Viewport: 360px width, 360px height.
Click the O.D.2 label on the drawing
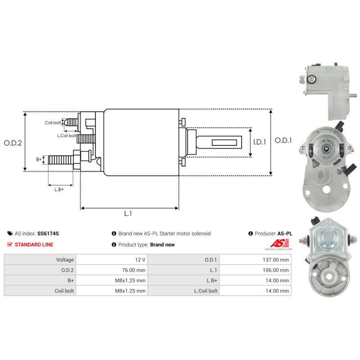pyautogui.click(x=13, y=143)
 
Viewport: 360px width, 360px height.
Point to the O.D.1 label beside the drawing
pyautogui.click(x=283, y=140)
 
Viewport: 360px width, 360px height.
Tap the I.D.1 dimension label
pyautogui.click(x=260, y=142)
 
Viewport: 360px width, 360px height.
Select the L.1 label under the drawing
pyautogui.click(x=128, y=213)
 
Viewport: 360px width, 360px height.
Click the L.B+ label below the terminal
pyautogui.click(x=59, y=189)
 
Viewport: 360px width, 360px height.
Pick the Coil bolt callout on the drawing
pyautogui.click(x=53, y=122)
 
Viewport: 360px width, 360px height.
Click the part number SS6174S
pyautogui.click(x=48, y=234)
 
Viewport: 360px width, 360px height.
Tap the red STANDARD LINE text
pyautogui.click(x=34, y=244)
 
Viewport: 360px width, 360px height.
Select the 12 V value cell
pyautogui.click(x=112, y=260)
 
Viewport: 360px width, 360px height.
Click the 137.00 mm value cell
pyautogui.click(x=255, y=260)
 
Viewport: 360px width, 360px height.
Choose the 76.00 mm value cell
pyautogui.click(x=112, y=270)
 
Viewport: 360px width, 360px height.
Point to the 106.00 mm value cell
pyautogui.click(x=255, y=270)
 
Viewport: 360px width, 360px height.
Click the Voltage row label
pyautogui.click(x=65, y=260)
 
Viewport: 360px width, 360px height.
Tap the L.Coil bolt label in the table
pyautogui.click(x=206, y=291)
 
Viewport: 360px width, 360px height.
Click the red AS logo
pyautogui.click(x=279, y=243)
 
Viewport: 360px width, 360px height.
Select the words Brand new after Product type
pyautogui.click(x=162, y=245)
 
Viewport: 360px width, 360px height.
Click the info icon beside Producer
pyautogui.click(x=251, y=234)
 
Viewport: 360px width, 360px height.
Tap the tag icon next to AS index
pyautogui.click(x=10, y=234)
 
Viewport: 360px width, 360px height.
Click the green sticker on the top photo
pyautogui.click(x=328, y=68)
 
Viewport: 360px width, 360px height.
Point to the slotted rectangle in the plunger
pyautogui.click(x=224, y=143)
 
